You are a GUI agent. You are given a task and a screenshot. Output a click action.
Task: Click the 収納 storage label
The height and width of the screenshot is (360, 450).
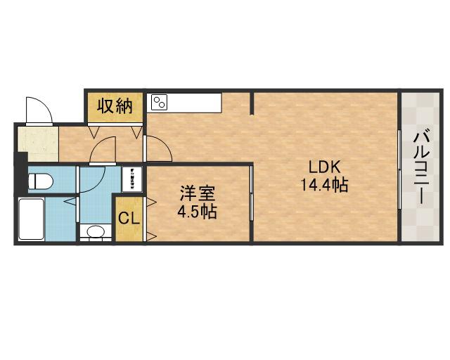pos(115,106)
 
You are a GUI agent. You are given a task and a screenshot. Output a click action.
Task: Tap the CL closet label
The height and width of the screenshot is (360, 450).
pos(129,218)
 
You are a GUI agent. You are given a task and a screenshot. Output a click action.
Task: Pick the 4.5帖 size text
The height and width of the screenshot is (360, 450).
pos(197,210)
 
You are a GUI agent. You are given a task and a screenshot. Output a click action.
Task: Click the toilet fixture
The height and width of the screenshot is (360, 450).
pos(40,181)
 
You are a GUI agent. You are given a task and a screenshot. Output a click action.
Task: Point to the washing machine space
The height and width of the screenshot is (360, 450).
pos(131,179)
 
